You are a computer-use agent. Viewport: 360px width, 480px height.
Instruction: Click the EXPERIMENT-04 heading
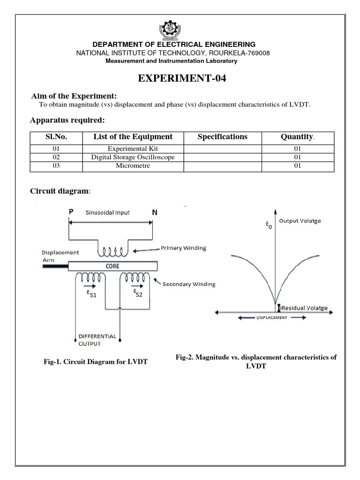(x=182, y=78)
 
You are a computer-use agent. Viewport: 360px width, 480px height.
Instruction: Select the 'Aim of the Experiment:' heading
(x=74, y=96)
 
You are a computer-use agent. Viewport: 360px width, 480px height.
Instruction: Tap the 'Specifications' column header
(x=222, y=137)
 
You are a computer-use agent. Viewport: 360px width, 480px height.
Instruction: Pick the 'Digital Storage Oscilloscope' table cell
(x=133, y=157)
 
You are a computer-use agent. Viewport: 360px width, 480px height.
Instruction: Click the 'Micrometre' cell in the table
(x=133, y=166)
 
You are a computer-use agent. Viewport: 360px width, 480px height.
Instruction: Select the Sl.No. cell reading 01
(x=56, y=149)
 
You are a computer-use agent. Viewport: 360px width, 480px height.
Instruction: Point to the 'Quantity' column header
(x=297, y=137)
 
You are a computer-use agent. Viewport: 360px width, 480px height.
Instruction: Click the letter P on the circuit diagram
(x=71, y=212)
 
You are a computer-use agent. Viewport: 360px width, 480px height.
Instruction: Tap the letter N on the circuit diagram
(x=155, y=212)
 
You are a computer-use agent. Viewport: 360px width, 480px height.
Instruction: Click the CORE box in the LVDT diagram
(x=112, y=266)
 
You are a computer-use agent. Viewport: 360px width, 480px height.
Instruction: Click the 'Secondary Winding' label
(x=189, y=284)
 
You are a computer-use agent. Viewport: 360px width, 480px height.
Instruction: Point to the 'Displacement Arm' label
(x=60, y=256)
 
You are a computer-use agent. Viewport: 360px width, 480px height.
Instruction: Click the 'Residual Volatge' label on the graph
(x=304, y=308)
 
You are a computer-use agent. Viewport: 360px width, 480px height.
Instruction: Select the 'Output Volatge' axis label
(x=300, y=221)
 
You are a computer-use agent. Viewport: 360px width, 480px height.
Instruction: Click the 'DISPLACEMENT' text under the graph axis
(x=272, y=317)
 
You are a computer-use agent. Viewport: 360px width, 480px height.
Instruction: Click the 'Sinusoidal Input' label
(x=107, y=212)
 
